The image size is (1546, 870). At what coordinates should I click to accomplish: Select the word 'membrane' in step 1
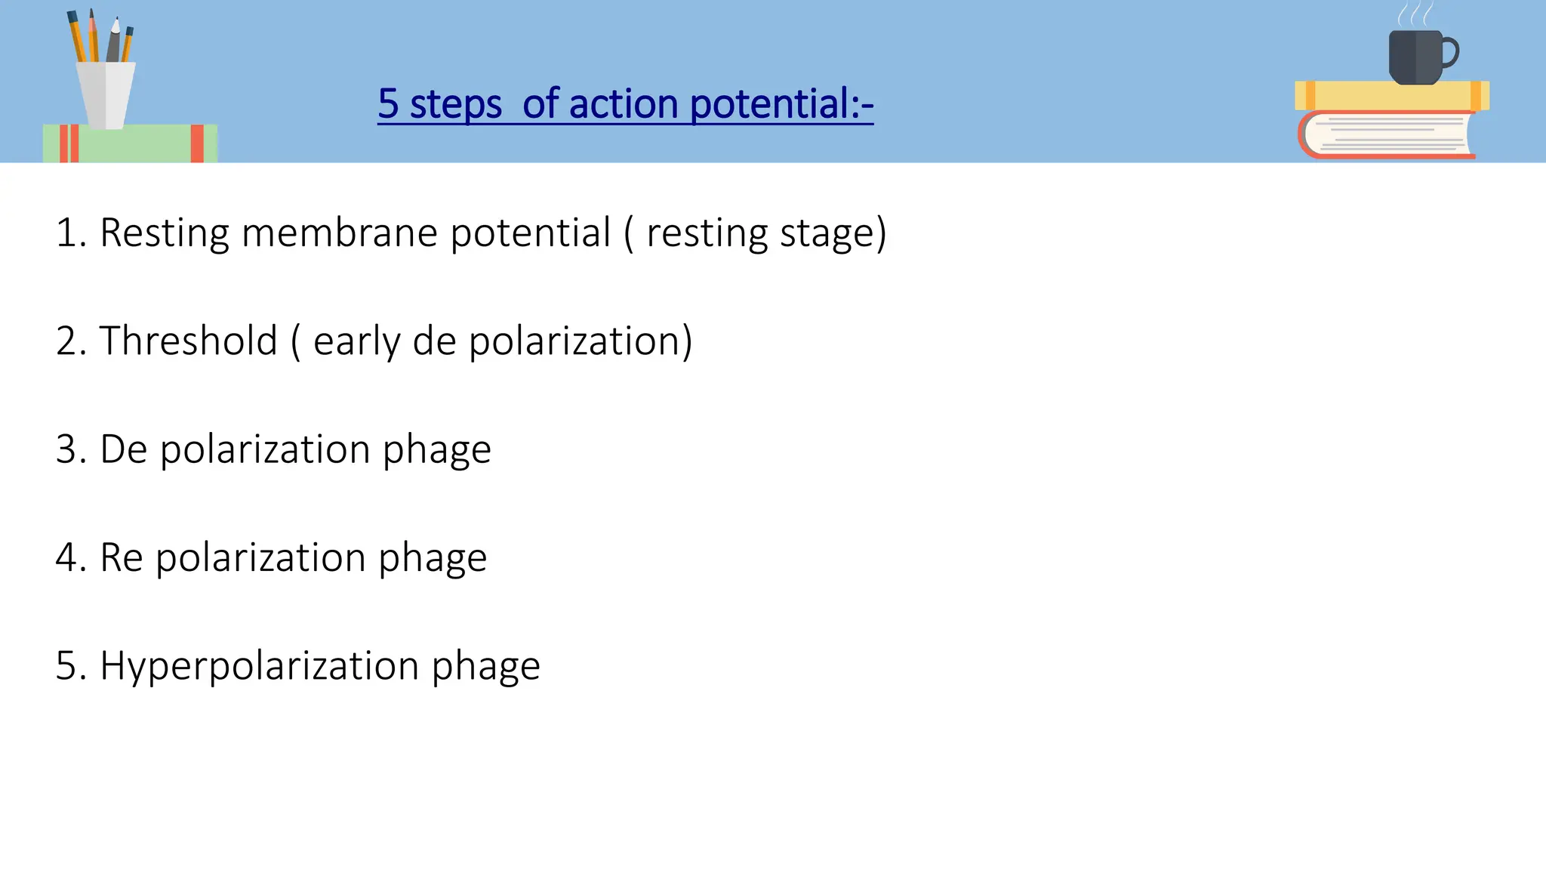click(x=340, y=233)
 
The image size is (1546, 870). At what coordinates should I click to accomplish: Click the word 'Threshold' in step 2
click(x=189, y=341)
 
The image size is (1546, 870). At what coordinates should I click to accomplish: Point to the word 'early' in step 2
click(x=356, y=342)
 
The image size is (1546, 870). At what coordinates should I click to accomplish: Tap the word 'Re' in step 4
click(x=122, y=558)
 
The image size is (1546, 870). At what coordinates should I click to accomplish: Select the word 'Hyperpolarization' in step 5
click(x=259, y=667)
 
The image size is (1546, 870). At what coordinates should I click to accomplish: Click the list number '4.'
click(x=71, y=558)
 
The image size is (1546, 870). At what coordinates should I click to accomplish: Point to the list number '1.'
click(x=71, y=233)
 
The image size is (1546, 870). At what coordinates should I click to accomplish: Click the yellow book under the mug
click(x=1391, y=96)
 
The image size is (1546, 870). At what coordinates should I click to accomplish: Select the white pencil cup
click(x=106, y=94)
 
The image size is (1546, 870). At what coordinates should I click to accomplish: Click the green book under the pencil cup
click(x=130, y=143)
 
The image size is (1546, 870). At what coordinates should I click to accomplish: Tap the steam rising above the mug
click(x=1415, y=14)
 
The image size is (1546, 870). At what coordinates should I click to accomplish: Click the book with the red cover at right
click(x=1386, y=134)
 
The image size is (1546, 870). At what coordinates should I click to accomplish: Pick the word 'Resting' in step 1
click(x=165, y=234)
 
